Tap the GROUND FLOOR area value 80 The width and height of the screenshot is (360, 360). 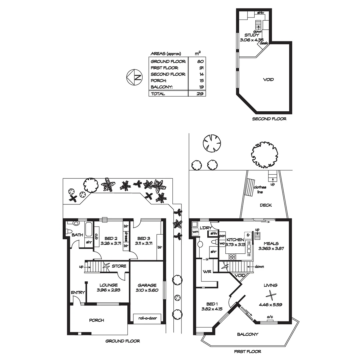[x=200, y=61]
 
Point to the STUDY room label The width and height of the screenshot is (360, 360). [x=252, y=35]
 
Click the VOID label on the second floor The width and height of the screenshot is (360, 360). [x=268, y=80]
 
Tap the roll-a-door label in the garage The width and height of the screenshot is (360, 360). [x=147, y=318]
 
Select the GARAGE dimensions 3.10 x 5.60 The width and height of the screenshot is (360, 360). [x=147, y=290]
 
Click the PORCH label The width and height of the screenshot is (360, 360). [x=96, y=320]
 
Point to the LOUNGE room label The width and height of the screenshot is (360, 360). [x=108, y=285]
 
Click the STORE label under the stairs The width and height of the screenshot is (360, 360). [x=119, y=266]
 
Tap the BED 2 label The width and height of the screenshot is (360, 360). [x=110, y=238]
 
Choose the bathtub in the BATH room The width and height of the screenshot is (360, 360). [x=89, y=230]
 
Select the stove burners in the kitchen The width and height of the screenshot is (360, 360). [x=232, y=257]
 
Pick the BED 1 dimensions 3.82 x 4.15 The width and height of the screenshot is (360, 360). [x=212, y=309]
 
